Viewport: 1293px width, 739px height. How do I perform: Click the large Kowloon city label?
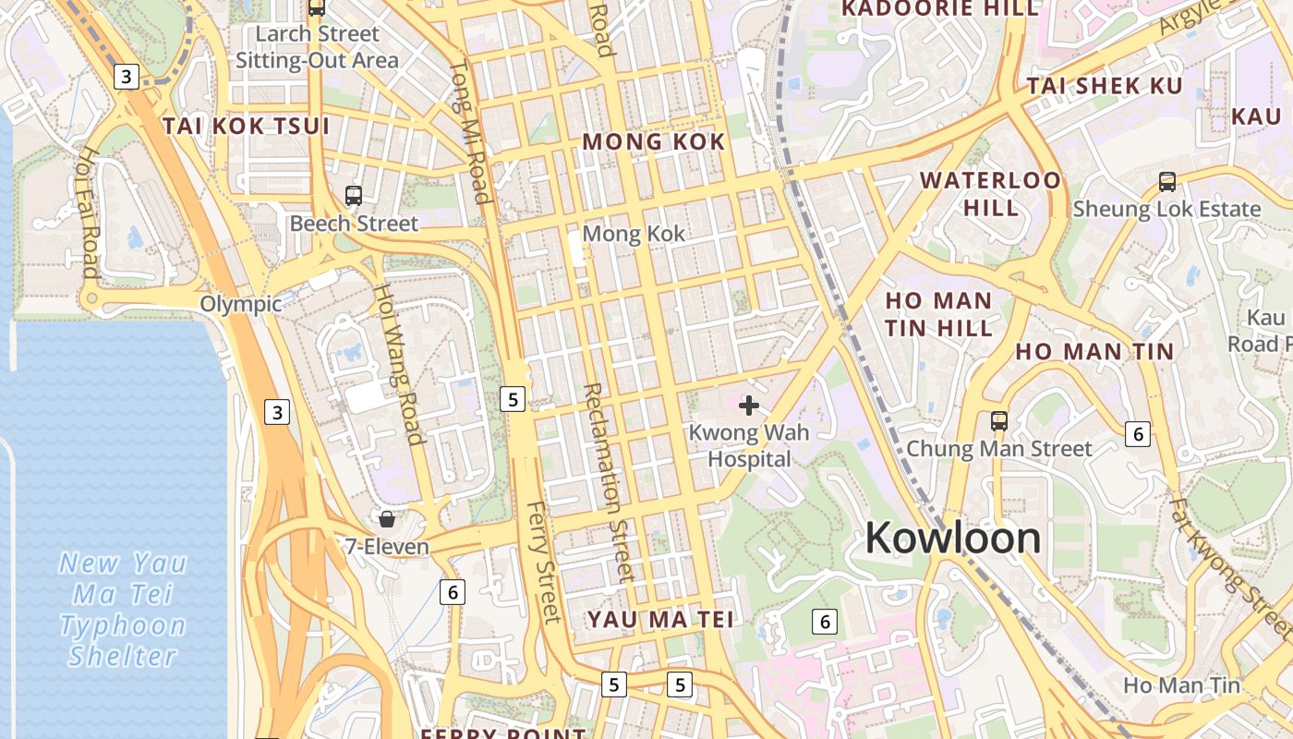(952, 538)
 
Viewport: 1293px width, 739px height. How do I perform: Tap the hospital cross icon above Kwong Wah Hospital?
(749, 406)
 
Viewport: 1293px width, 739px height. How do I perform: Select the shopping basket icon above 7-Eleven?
(387, 519)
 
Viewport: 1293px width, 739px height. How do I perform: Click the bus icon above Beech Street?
(354, 196)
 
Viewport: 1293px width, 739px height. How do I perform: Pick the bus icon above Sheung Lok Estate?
(1167, 182)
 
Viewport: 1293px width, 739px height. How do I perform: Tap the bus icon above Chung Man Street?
(998, 421)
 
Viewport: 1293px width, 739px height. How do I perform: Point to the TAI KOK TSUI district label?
(247, 127)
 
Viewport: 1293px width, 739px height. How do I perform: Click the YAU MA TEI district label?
(661, 619)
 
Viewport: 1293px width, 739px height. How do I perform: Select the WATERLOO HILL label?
(991, 193)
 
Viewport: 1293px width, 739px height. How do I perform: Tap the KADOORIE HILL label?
(941, 9)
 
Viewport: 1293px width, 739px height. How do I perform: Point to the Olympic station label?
(241, 304)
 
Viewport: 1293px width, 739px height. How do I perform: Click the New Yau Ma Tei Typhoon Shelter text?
(123, 610)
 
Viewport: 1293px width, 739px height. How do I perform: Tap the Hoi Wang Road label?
(398, 363)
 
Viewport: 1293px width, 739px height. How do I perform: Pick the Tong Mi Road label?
(469, 131)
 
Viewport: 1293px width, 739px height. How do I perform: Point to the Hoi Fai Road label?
(90, 212)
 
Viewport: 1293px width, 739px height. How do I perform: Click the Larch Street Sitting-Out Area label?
(318, 48)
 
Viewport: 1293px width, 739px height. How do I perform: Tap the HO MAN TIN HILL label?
(938, 314)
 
